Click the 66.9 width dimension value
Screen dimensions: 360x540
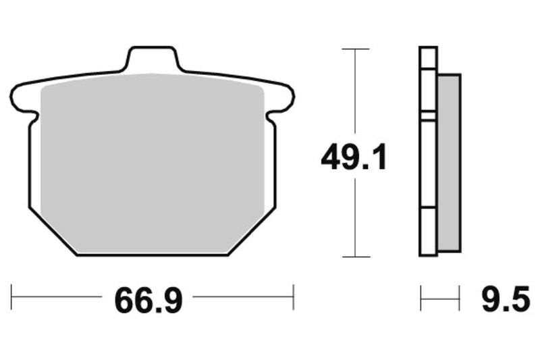coord(148,299)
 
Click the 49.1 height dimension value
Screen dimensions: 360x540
coord(353,159)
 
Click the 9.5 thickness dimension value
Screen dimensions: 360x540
coord(506,299)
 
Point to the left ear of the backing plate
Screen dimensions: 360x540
coord(23,98)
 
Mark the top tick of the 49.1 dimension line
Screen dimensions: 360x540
coord(356,49)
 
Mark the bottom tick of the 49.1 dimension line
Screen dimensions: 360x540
coord(356,257)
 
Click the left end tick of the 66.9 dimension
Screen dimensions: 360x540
coord(12,297)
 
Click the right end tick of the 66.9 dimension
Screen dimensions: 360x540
coord(294,297)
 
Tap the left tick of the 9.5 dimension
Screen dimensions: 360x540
coord(421,297)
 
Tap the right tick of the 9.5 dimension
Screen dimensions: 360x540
coord(460,297)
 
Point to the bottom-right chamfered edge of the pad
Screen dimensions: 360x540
coord(251,231)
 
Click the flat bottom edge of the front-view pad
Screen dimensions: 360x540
coord(153,255)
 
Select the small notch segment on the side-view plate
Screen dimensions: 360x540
coord(428,116)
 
